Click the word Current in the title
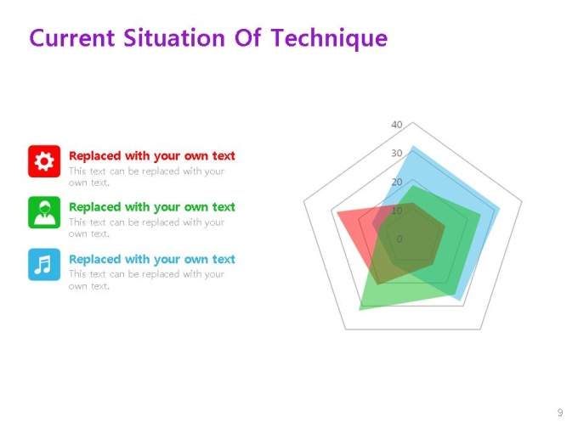pyautogui.click(x=72, y=38)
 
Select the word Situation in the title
pyautogui.click(x=174, y=38)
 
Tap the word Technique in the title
pyautogui.click(x=329, y=39)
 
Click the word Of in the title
pyautogui.click(x=247, y=38)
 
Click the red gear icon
pyautogui.click(x=44, y=161)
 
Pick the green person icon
pyautogui.click(x=44, y=212)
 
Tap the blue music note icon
pyautogui.click(x=44, y=264)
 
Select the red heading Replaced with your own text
pyautogui.click(x=152, y=156)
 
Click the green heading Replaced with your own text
pyautogui.click(x=152, y=207)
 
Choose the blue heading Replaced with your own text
pyautogui.click(x=152, y=260)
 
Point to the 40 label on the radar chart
pyautogui.click(x=397, y=125)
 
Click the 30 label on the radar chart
pyautogui.click(x=397, y=153)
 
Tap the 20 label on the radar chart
pyautogui.click(x=397, y=182)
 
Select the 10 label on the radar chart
pyautogui.click(x=397, y=211)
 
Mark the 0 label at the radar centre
pyautogui.click(x=399, y=239)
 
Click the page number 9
pyautogui.click(x=560, y=413)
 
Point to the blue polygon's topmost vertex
pyautogui.click(x=413, y=146)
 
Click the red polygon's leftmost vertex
pyautogui.click(x=337, y=212)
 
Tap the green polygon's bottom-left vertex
pyautogui.click(x=360, y=310)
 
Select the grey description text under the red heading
pyautogui.click(x=146, y=177)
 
